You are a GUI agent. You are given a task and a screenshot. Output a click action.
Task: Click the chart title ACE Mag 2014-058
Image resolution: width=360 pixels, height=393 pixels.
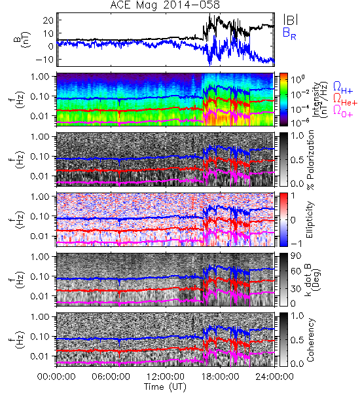[165, 5]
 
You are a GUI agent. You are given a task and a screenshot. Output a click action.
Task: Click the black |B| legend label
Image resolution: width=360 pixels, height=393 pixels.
[291, 20]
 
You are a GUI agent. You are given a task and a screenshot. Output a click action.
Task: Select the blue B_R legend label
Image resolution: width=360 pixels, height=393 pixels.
[289, 34]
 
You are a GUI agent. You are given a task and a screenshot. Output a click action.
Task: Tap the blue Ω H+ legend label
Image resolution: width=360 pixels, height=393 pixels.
[343, 88]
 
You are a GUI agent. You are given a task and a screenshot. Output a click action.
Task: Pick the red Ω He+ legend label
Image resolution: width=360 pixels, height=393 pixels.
[345, 99]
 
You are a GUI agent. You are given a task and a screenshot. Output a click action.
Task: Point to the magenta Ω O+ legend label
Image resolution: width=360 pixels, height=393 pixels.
[343, 111]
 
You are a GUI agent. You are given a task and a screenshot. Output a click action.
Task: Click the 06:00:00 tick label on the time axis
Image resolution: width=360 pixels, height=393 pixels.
[111, 377]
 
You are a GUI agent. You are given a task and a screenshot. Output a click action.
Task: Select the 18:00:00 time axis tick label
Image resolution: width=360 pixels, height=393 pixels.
[220, 377]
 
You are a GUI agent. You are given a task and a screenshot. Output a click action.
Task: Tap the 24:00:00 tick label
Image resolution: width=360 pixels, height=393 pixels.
[274, 377]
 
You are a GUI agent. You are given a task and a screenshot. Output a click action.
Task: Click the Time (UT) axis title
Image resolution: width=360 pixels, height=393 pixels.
[165, 387]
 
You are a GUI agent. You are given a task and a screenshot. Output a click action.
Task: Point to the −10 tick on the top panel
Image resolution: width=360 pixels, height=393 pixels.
[45, 60]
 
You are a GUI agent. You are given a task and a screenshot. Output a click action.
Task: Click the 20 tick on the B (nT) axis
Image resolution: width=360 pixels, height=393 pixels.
[48, 20]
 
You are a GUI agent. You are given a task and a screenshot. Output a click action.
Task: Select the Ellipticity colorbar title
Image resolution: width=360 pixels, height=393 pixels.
[310, 219]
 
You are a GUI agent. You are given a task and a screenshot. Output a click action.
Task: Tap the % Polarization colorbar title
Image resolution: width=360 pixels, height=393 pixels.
[310, 160]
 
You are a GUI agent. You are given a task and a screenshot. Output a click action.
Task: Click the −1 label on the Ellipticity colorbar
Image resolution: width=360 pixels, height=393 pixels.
[296, 244]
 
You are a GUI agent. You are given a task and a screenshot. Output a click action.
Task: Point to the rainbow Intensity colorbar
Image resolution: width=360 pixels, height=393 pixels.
[283, 100]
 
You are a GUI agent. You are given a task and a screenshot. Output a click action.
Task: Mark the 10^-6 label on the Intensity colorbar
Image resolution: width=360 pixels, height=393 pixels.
[300, 122]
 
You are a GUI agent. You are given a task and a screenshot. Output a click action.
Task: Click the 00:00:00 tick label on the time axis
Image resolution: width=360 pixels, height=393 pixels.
[56, 377]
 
